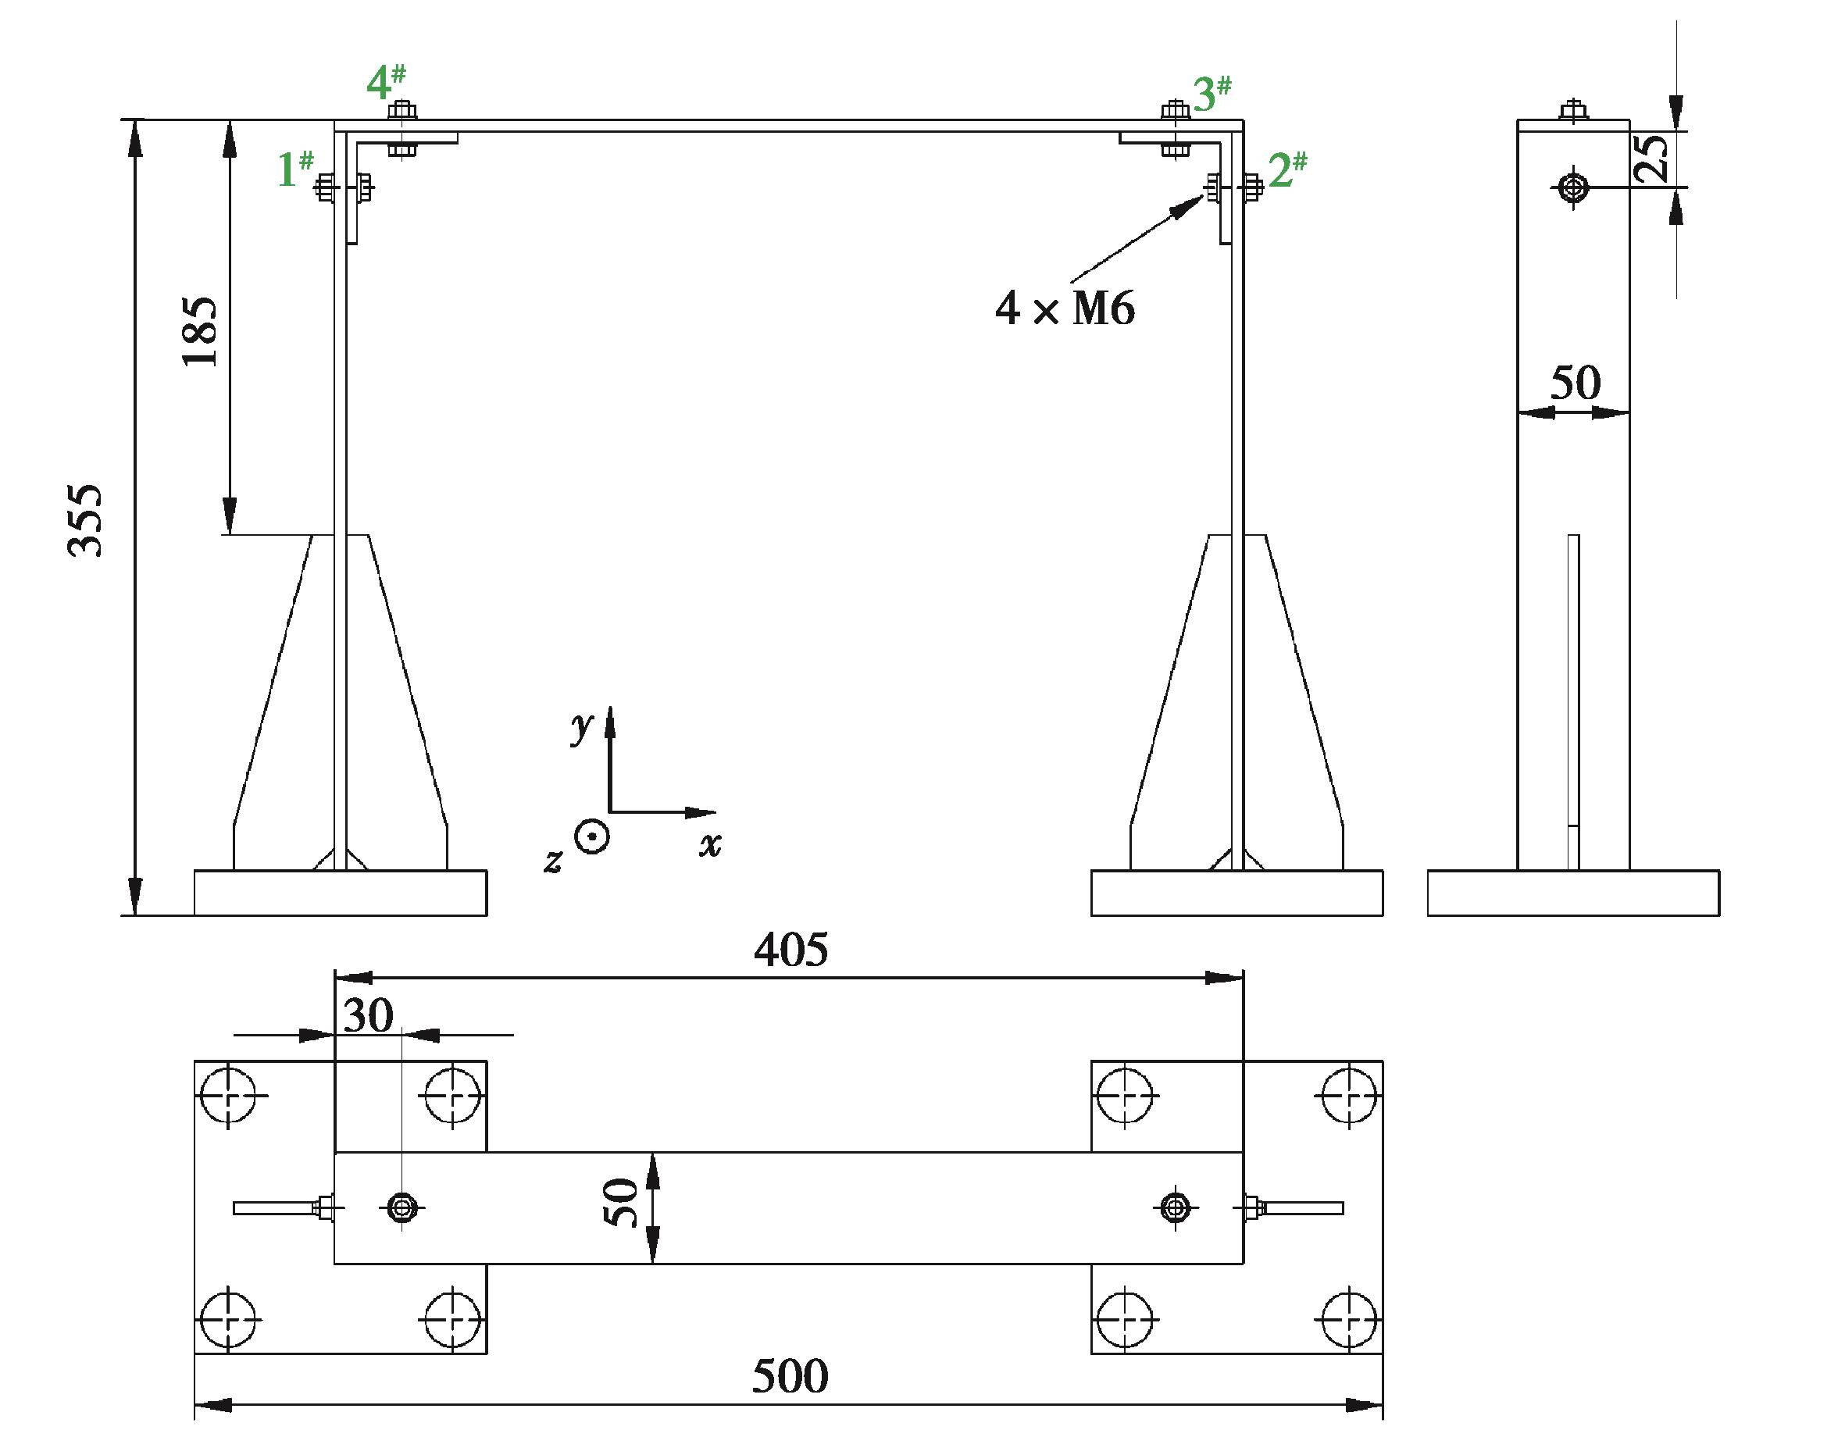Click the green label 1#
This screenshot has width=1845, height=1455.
click(x=295, y=169)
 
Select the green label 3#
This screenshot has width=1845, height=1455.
click(x=1212, y=94)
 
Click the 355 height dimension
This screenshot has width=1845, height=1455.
click(x=85, y=520)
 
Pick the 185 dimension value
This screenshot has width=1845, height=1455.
click(x=201, y=331)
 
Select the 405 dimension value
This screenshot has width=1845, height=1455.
click(x=790, y=949)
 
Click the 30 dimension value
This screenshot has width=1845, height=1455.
click(x=368, y=1015)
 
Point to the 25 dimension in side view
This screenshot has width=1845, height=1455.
click(x=1653, y=159)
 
